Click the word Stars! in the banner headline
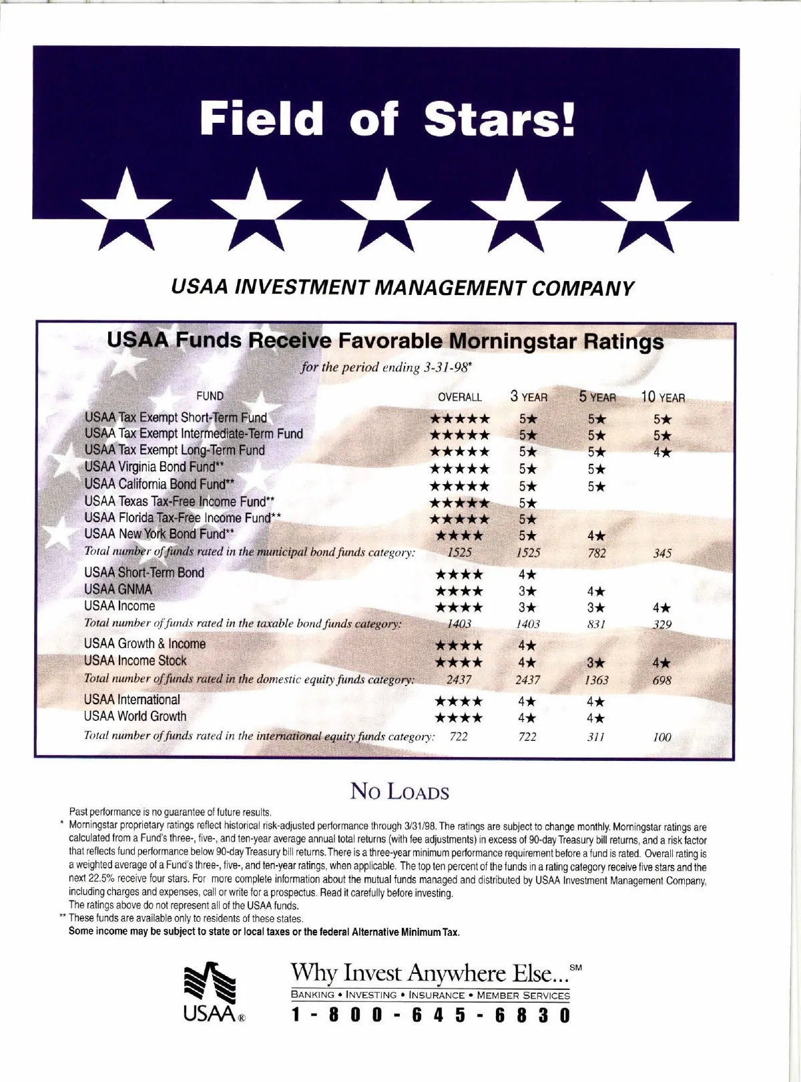click(500, 119)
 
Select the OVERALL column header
click(459, 397)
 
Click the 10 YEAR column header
click(663, 398)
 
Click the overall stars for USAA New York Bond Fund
click(459, 536)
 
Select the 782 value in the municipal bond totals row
click(597, 553)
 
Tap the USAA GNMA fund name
click(118, 589)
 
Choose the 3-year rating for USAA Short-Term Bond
click(527, 574)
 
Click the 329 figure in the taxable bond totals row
click(663, 625)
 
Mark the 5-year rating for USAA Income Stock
click(597, 663)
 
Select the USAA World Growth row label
click(136, 717)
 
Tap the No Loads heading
click(400, 792)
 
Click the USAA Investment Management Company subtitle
click(402, 288)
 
